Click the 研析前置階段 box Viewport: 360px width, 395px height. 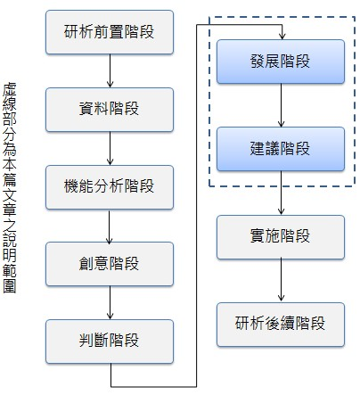pos(108,33)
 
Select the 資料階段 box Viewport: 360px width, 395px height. pos(108,111)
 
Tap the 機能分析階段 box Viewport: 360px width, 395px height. pos(108,187)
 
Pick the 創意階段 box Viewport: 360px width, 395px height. pos(108,265)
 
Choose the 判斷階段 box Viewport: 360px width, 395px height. pos(108,341)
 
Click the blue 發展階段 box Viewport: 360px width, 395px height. pos(281,63)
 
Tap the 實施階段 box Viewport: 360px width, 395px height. pos(281,236)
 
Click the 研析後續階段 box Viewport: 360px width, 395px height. pos(281,323)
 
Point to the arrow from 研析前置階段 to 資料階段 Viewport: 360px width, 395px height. pos(109,71)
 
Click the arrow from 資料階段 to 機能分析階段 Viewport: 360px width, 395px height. pos(109,149)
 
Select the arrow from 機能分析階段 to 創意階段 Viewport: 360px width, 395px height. pos(109,226)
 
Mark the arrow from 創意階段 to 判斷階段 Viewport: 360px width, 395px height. pos(109,303)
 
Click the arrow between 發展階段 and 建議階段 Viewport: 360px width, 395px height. pos(282,106)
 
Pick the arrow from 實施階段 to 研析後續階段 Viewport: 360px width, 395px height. pos(282,279)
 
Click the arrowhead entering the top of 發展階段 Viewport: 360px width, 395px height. pos(282,36)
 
